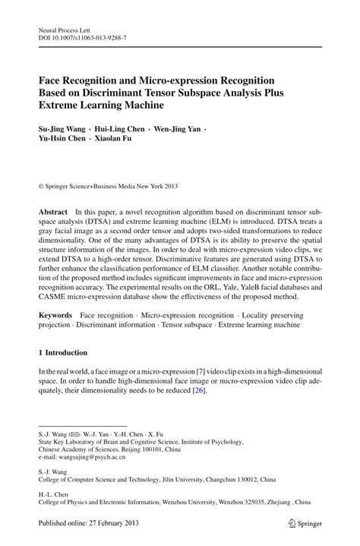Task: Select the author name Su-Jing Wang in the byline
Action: click(x=63, y=128)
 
